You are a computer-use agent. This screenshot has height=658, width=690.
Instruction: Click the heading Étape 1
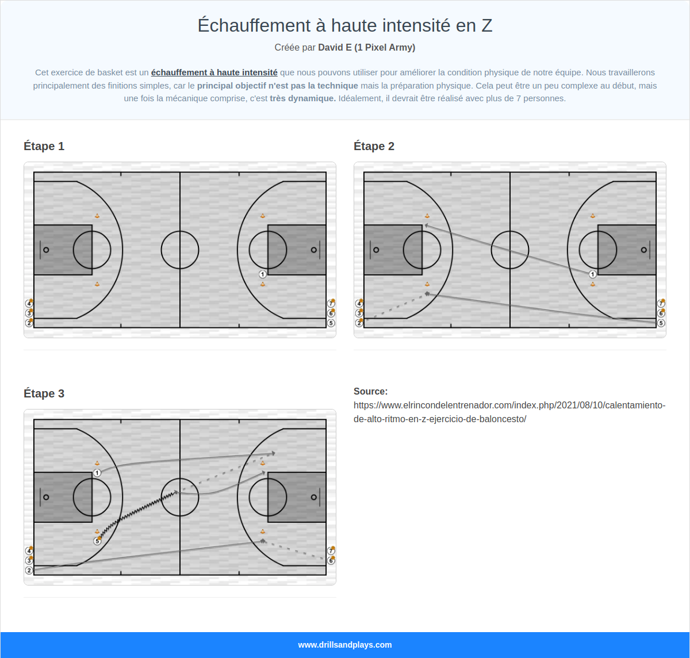point(44,146)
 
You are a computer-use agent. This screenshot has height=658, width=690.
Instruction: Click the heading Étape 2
point(374,146)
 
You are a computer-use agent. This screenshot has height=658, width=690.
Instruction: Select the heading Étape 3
point(44,393)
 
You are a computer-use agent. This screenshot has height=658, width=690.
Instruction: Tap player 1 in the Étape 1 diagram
point(262,274)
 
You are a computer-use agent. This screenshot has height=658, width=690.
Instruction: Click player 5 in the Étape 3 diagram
point(97,541)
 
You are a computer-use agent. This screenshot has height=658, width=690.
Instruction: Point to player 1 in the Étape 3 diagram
point(97,473)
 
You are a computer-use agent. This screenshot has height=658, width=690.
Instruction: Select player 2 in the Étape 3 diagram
point(29,570)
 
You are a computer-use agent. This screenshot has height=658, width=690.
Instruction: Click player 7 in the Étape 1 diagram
point(331,304)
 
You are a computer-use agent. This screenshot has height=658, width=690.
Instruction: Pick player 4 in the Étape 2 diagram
point(359,304)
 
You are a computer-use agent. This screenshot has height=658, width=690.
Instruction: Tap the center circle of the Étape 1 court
point(180,250)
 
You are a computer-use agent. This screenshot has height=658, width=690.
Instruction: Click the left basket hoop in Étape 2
point(376,250)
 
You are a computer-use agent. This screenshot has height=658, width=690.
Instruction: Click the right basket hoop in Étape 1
point(313,250)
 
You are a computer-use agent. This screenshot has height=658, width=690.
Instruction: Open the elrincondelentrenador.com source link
point(509,412)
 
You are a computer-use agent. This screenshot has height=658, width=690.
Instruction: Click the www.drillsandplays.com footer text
point(345,645)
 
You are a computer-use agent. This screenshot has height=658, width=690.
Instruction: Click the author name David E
point(335,47)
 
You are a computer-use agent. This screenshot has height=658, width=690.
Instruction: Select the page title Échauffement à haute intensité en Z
point(345,25)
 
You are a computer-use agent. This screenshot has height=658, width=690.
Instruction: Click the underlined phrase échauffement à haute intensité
point(214,72)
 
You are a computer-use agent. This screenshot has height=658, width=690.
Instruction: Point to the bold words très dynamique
point(302,98)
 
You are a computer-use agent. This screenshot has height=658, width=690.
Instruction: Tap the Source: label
point(370,391)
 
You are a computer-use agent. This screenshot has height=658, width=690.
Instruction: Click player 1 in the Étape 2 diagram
point(592,274)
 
